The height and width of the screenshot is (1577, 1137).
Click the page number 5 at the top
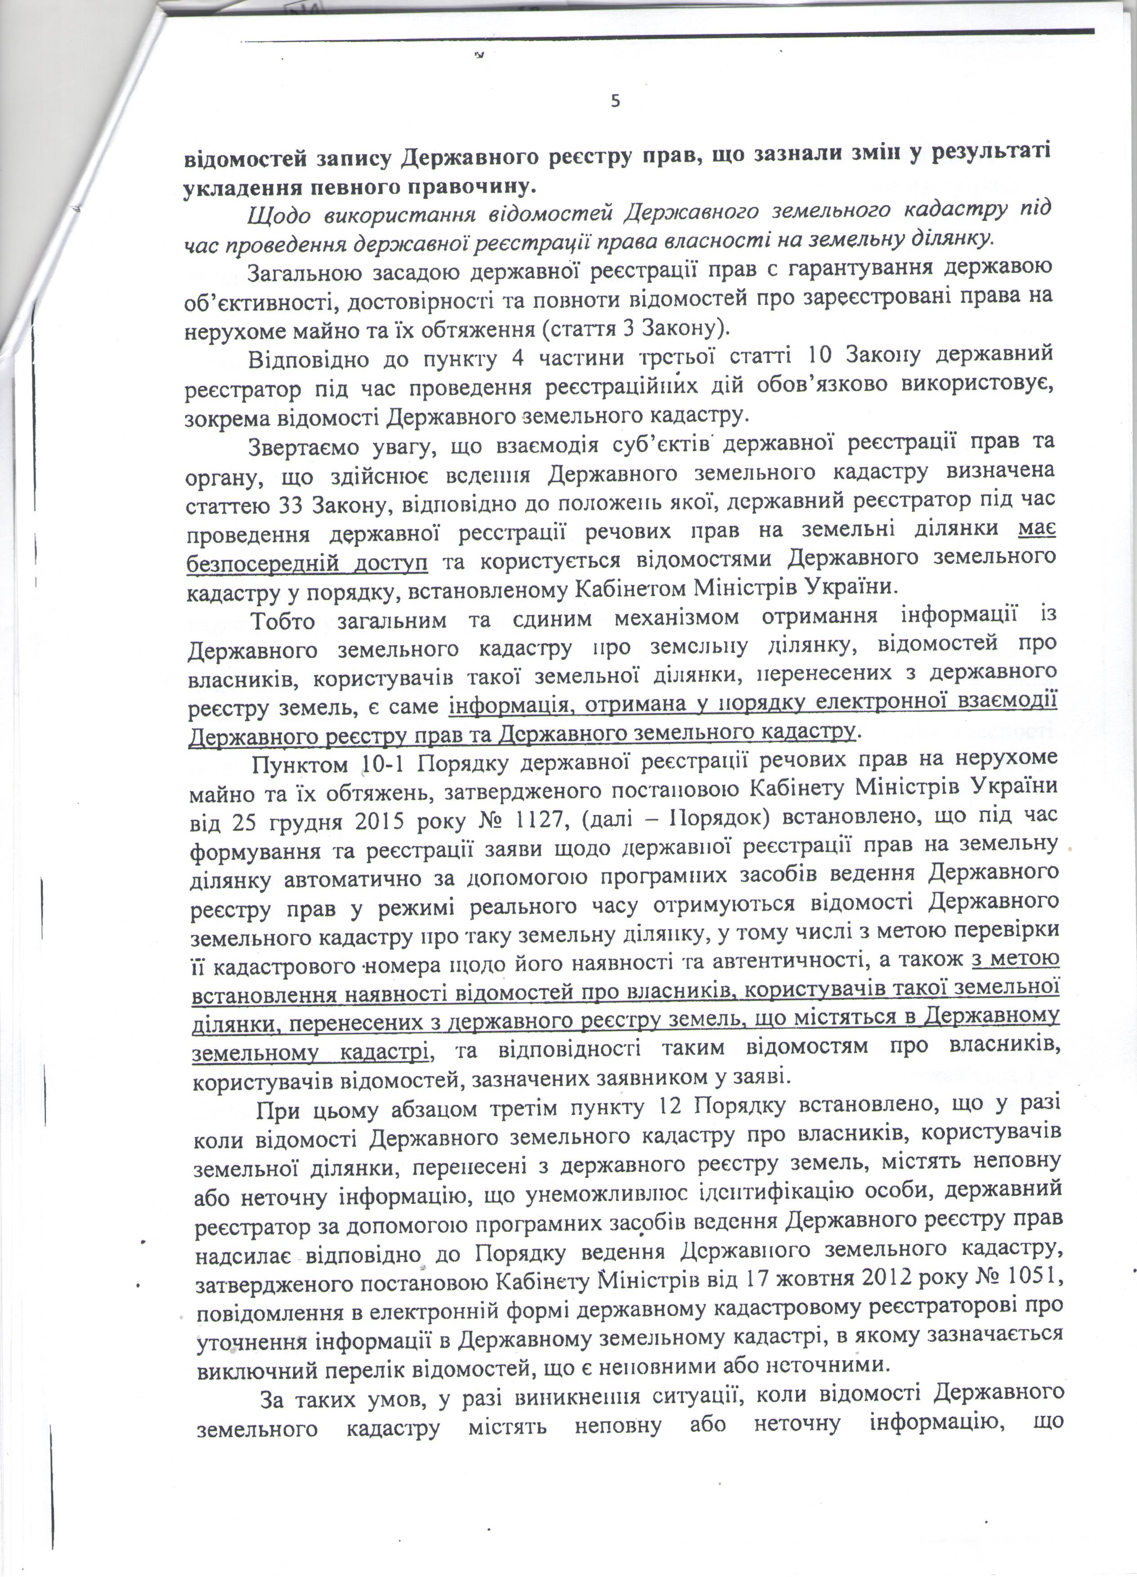tap(615, 102)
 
